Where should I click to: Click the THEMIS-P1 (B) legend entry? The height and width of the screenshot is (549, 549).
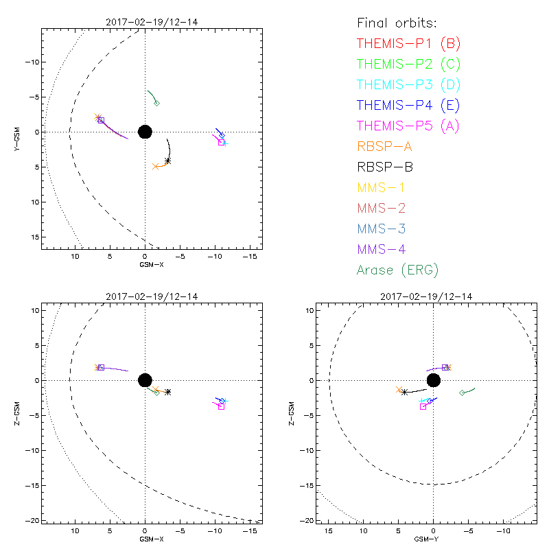tap(408, 44)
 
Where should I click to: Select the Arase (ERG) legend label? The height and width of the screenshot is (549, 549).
tap(397, 270)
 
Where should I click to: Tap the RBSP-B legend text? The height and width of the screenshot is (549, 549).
tap(385, 167)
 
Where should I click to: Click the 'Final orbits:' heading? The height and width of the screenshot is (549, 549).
tap(396, 23)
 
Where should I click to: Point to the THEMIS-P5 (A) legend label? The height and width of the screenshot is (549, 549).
tap(408, 126)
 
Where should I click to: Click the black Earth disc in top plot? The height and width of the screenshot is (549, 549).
tap(145, 132)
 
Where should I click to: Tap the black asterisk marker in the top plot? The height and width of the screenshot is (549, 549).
tap(167, 161)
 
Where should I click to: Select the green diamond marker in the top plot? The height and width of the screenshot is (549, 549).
tap(157, 104)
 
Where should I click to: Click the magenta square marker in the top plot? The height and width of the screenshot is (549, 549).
tap(221, 142)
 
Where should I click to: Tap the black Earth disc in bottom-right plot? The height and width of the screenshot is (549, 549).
tap(433, 380)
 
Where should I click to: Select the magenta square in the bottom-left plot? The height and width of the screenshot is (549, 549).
tap(221, 406)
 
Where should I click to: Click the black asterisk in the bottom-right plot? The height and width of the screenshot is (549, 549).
tap(405, 393)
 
